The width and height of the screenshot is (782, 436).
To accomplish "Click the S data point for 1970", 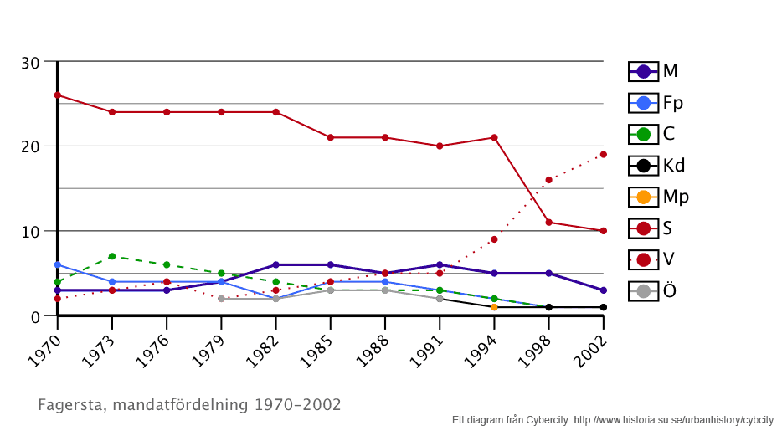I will (58, 95).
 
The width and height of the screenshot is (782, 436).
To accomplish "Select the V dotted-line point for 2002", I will (603, 154).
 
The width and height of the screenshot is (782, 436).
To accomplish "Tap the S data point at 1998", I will (548, 222).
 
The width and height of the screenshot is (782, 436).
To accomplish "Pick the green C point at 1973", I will (112, 256).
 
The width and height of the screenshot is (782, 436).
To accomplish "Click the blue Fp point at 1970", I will (58, 264).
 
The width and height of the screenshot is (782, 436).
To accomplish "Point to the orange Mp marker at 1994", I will (494, 307).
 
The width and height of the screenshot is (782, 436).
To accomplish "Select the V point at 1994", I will (494, 239).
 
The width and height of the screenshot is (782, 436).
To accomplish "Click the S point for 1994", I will (494, 137).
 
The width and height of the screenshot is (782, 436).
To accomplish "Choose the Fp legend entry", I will (656, 103).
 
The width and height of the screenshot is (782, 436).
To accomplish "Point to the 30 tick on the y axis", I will (30, 63).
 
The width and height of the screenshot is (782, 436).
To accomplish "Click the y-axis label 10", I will (30, 232).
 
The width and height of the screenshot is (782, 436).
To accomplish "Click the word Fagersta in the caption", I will (70, 405).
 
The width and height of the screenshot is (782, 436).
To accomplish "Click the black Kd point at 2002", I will (603, 307).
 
